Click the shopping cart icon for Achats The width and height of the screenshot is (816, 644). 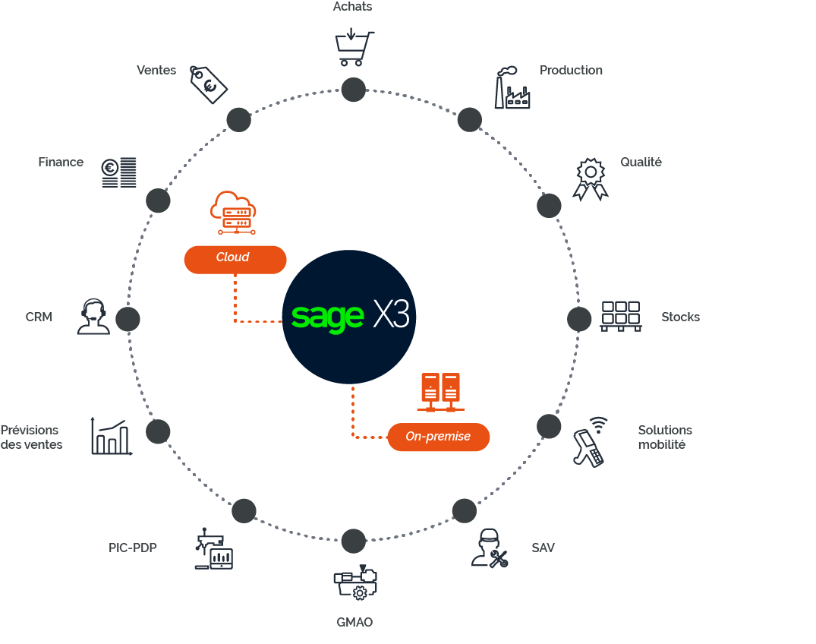coord(353,48)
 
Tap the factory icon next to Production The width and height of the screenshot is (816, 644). coord(512,88)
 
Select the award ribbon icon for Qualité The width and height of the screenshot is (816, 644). coord(591,179)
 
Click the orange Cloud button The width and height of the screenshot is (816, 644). coord(235,258)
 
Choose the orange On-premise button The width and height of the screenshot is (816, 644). coord(438,437)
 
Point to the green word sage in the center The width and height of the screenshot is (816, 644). coord(327,316)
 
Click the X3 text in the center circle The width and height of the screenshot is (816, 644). coord(391,314)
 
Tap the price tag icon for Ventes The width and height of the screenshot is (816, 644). coord(208,84)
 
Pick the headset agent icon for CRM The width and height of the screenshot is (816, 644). coord(93,317)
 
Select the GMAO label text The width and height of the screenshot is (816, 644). coord(354,623)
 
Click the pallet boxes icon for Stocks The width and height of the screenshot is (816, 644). coord(620,316)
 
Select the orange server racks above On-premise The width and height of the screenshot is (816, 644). coord(440,392)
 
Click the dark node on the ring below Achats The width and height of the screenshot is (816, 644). coord(353,89)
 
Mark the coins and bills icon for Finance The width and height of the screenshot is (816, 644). coord(119,172)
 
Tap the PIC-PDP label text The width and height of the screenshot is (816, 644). coord(133,547)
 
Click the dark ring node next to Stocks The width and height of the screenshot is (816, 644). coord(579,319)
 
